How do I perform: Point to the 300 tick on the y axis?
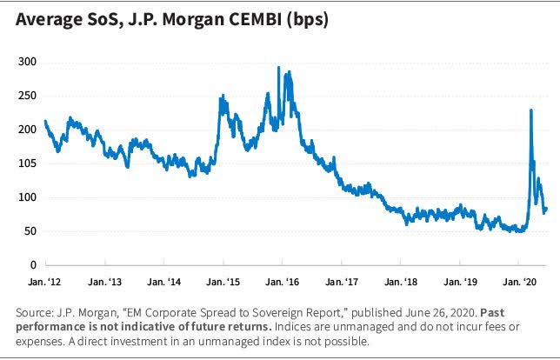(x=29, y=62)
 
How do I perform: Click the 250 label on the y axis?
(x=29, y=96)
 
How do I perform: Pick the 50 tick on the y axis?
(x=31, y=231)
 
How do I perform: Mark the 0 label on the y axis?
(x=34, y=265)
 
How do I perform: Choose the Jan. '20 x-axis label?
(x=517, y=283)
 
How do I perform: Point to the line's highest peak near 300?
(x=278, y=67)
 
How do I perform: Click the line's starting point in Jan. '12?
(x=44, y=121)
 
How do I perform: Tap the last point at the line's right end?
(x=546, y=208)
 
